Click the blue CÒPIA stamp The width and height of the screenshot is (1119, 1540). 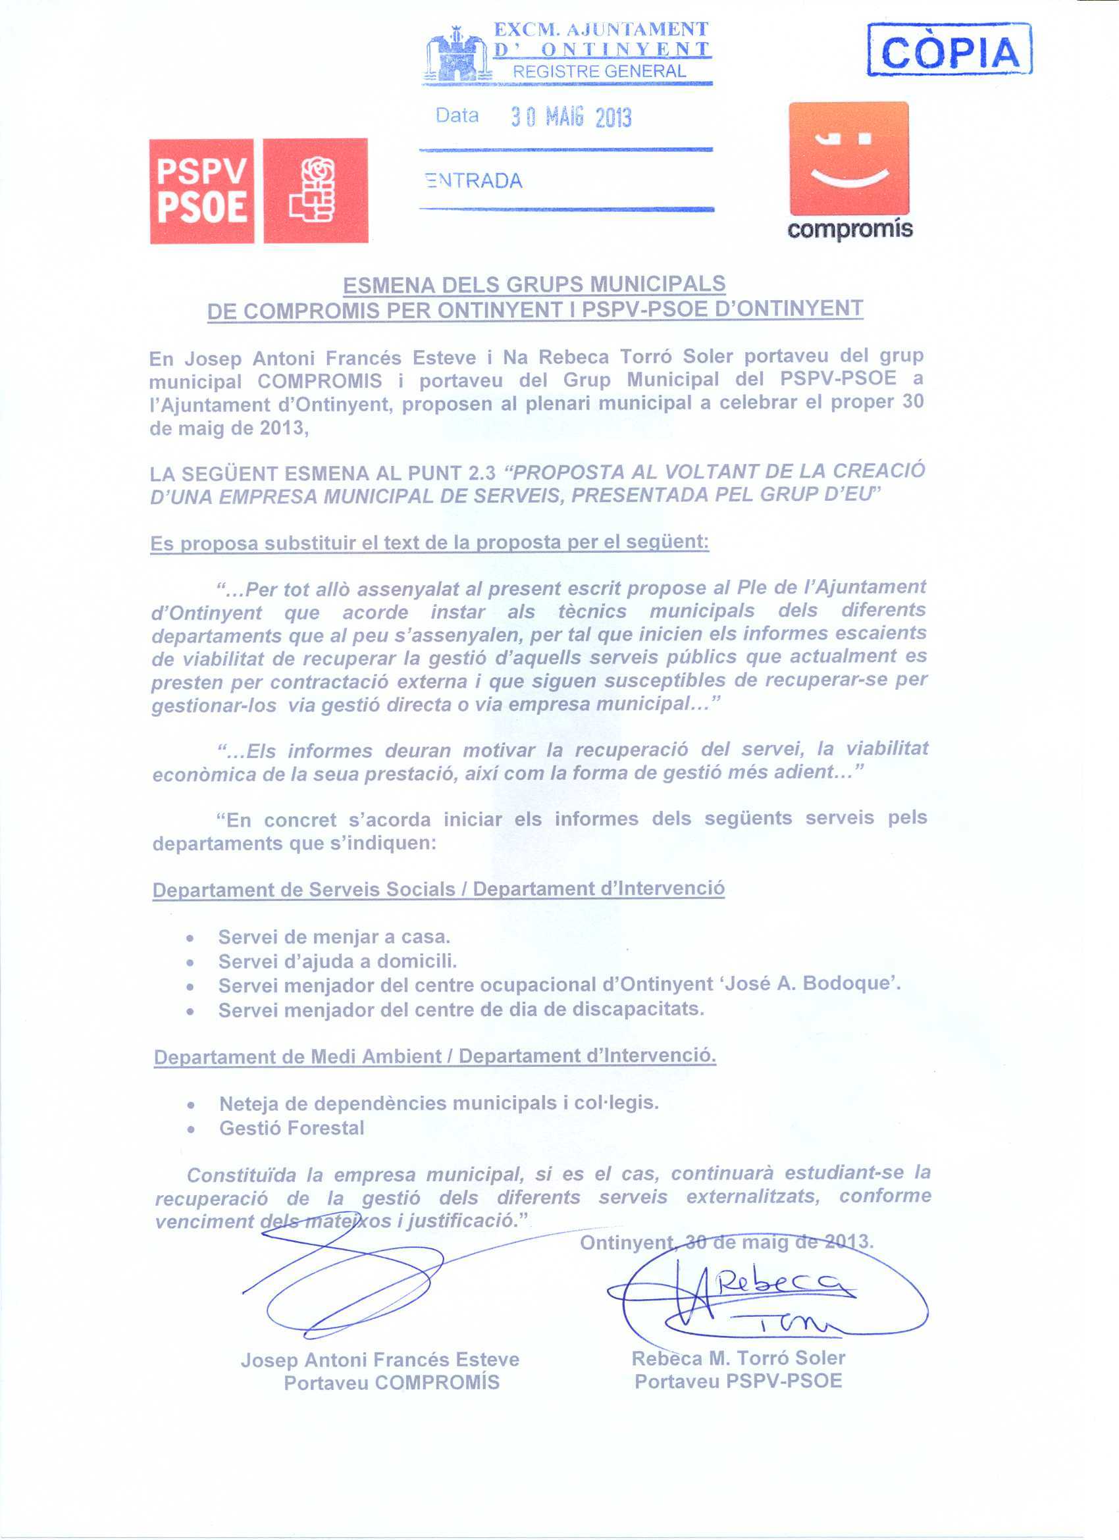point(949,49)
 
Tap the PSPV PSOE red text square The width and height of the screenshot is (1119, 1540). point(201,191)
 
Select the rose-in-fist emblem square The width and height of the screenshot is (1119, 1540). point(316,191)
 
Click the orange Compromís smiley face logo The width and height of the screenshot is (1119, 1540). point(848,158)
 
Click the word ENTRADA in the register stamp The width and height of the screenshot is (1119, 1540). point(474,180)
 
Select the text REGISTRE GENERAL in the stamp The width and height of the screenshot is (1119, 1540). point(599,71)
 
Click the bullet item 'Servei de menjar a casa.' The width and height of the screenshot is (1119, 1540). point(334,937)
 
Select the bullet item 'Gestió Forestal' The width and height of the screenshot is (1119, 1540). point(292,1128)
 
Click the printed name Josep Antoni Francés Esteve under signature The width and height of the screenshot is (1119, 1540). point(380,1360)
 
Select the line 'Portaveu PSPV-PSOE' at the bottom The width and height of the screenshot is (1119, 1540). point(738,1381)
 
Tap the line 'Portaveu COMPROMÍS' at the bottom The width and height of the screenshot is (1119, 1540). point(391,1383)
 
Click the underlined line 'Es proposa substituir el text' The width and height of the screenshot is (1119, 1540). point(429,543)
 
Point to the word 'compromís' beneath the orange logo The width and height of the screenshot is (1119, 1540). point(850,230)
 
